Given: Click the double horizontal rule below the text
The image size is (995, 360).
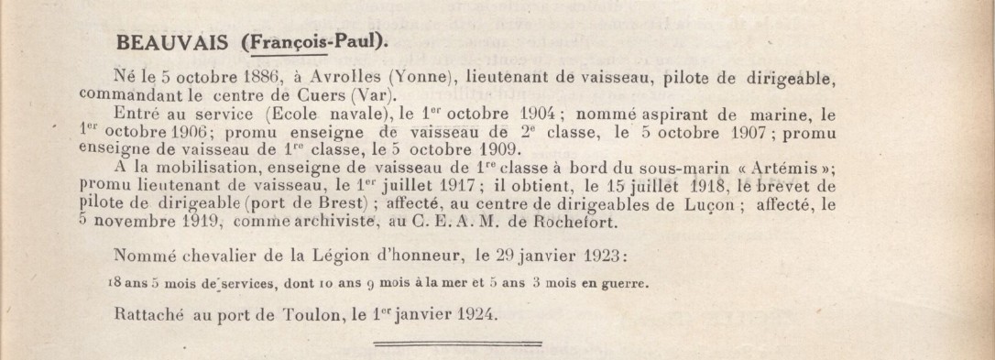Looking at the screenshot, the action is click(459, 344).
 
